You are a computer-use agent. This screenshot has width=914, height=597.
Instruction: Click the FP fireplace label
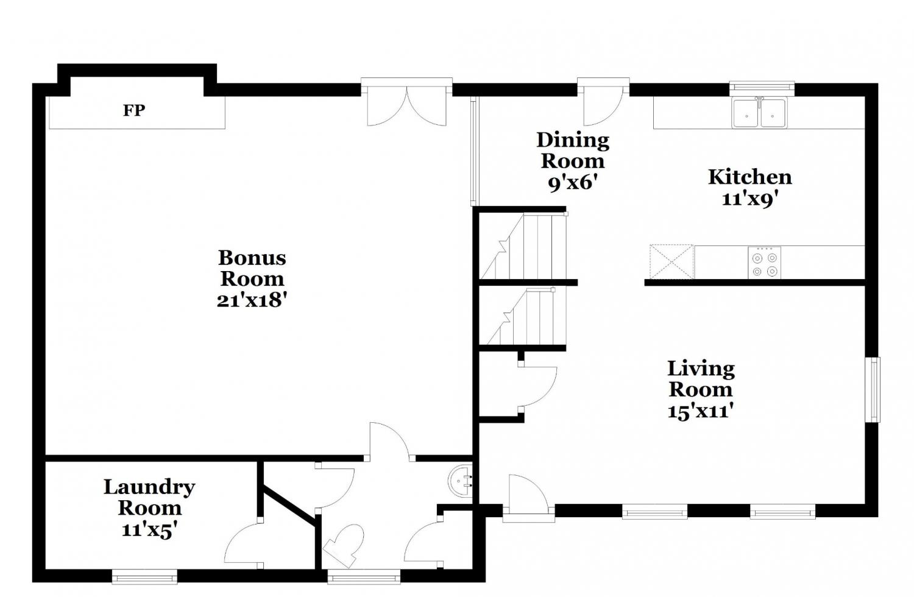click(x=134, y=110)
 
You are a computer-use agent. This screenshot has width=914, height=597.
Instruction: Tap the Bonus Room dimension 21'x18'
click(x=252, y=301)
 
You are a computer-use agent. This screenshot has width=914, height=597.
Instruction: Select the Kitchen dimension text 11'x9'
click(x=749, y=199)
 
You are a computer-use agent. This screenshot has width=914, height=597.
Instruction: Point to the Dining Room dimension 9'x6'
click(x=573, y=183)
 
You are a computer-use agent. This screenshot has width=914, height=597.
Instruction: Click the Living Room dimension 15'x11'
click(x=701, y=411)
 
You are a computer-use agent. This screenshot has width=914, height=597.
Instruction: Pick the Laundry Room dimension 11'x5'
click(x=149, y=531)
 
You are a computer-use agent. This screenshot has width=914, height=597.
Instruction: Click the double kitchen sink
click(x=759, y=113)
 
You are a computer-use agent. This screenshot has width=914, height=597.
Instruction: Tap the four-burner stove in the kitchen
click(x=764, y=263)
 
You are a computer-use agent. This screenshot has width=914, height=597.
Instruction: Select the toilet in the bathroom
click(x=344, y=546)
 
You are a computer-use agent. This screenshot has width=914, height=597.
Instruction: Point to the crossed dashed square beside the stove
click(x=671, y=261)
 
